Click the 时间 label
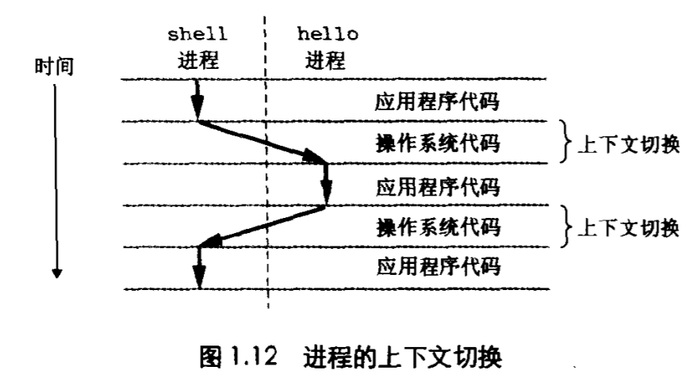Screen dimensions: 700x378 click(x=54, y=67)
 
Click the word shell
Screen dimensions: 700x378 click(x=198, y=35)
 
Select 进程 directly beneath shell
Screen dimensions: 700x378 click(x=198, y=59)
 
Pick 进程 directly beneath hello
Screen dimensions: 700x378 click(x=326, y=59)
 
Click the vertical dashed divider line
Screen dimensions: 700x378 click(x=268, y=182)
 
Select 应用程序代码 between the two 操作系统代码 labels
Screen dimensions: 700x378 click(x=437, y=187)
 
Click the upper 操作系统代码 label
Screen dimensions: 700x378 click(x=437, y=144)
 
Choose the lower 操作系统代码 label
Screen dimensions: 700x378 click(x=437, y=227)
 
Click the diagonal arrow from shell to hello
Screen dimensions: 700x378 click(x=262, y=143)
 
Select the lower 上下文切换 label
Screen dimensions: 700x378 click(x=630, y=228)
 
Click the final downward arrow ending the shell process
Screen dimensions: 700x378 click(x=199, y=268)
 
